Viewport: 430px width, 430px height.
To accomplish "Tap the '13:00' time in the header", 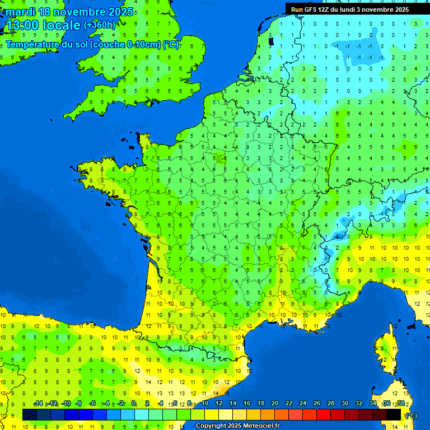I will click(22, 25).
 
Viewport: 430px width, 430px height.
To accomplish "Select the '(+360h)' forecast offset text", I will click(100, 25).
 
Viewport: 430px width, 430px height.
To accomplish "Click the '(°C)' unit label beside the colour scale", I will click(411, 415).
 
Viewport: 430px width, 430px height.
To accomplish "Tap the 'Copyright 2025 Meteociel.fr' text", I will click(237, 426).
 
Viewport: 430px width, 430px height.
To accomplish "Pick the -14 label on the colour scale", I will click(38, 404).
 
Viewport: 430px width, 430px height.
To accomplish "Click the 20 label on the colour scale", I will click(275, 404).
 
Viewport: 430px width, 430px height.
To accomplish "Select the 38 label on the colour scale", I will click(401, 404).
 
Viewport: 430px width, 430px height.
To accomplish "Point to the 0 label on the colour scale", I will click(134, 404).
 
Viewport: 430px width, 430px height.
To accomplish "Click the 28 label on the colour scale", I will click(331, 404).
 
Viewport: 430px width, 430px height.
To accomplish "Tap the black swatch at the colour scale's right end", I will click(394, 414).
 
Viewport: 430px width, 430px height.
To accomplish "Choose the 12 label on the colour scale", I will click(218, 404).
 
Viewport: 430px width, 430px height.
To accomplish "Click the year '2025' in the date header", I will click(119, 12).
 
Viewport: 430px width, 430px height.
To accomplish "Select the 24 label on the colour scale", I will click(303, 404).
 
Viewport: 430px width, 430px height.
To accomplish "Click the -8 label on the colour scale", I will click(78, 404).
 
